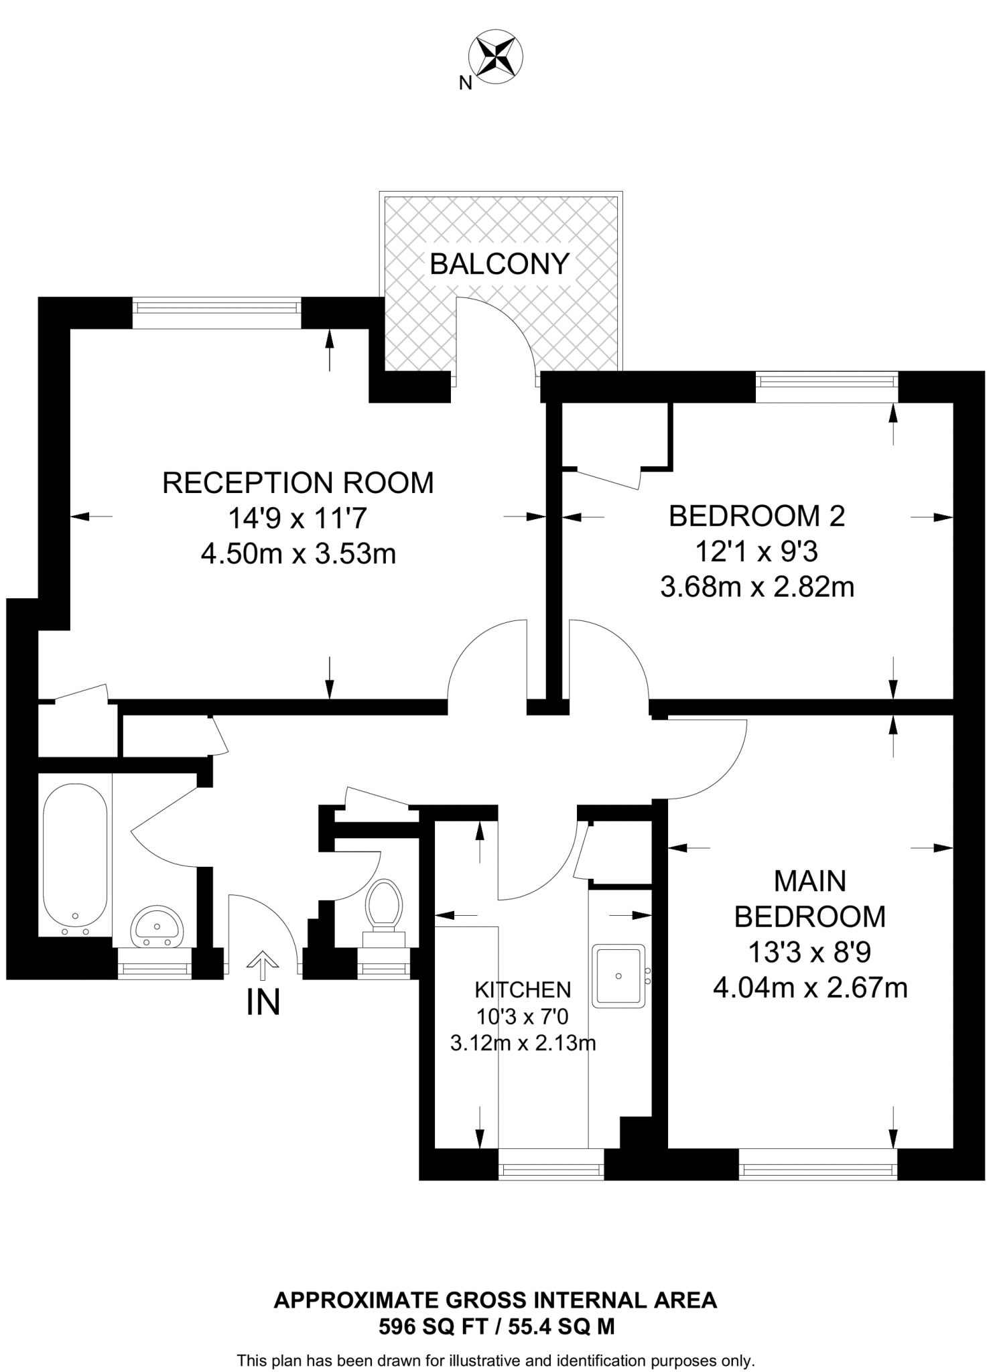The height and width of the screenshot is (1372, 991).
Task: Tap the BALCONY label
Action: [499, 264]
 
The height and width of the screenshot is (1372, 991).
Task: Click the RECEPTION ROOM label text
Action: [298, 483]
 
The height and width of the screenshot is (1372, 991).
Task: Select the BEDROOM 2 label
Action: [756, 516]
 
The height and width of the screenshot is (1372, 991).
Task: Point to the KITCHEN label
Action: [523, 989]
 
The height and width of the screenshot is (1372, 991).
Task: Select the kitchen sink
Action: [618, 975]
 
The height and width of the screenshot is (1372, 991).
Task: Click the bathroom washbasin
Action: [157, 927]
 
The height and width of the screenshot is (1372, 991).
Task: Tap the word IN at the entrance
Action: [263, 1002]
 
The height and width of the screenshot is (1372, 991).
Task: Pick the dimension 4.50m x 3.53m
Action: [298, 554]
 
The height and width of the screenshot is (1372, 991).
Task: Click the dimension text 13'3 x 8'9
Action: [809, 952]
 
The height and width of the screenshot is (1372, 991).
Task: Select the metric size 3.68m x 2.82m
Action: [757, 588]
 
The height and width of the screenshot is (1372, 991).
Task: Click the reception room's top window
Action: [216, 307]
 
